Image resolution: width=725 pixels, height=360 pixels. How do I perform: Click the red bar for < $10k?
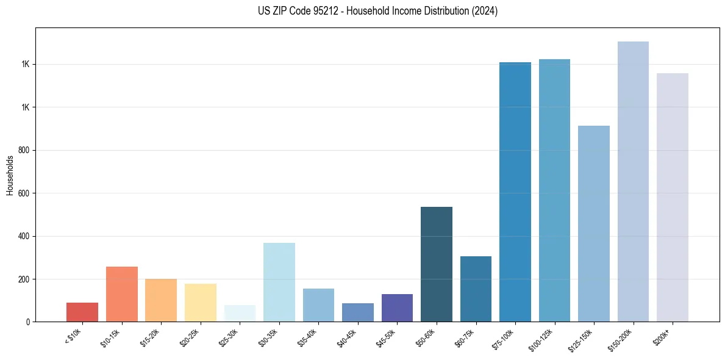pos(82,312)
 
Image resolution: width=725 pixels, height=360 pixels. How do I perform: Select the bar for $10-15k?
pos(122,294)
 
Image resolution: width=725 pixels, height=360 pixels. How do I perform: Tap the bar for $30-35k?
pos(279,282)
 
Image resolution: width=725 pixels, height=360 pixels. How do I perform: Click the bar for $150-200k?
pos(633,181)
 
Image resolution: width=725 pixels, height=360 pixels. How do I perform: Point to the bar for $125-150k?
pos(594,223)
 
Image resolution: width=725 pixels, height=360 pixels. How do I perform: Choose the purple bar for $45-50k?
pos(397,308)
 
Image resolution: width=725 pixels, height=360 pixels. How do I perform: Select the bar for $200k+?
pos(673,197)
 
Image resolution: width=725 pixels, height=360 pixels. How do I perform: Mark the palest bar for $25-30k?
pos(240,313)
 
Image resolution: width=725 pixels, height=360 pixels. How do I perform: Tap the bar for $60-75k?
pos(476,289)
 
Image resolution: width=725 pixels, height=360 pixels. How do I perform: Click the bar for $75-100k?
pos(515,192)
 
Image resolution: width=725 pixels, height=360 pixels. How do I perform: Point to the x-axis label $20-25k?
pos(191,336)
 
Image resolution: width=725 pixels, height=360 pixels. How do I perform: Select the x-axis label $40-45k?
pos(349,336)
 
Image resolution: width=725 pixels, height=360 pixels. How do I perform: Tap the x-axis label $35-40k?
pos(309,336)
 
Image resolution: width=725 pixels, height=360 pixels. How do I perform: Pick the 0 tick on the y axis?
pos(27,322)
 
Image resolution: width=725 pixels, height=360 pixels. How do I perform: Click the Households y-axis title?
pos(10,175)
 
